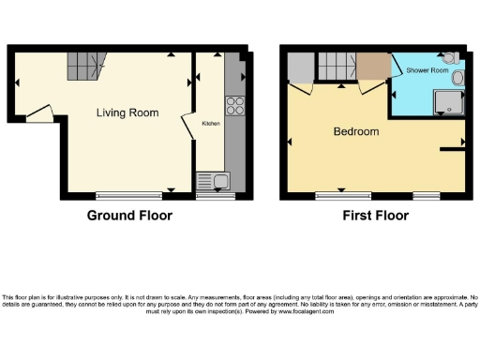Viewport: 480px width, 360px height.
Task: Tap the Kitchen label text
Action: [x=211, y=122]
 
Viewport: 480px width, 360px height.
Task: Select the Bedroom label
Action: [x=356, y=131]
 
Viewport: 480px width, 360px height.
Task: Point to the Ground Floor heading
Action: [x=129, y=216]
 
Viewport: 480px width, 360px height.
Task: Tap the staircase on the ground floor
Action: [x=84, y=66]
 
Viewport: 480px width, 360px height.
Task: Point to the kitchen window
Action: [x=215, y=195]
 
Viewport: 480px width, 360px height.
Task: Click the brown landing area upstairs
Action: [x=372, y=67]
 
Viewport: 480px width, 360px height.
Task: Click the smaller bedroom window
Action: [x=427, y=195]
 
